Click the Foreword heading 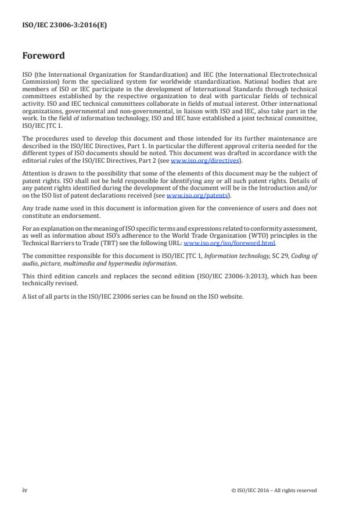pos(44,56)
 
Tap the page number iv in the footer pos(25,490)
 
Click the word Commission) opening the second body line pos(41,80)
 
